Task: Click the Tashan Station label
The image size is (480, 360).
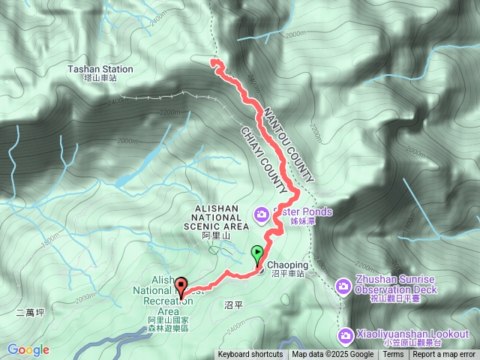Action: pos(100,69)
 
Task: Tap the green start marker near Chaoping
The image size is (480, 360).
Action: pos(259,253)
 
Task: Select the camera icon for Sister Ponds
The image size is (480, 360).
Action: pos(261,214)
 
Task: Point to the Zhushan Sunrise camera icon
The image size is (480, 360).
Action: pos(343,286)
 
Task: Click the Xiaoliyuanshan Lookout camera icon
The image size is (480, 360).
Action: pos(345,334)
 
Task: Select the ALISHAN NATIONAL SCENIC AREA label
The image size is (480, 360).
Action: pos(220,217)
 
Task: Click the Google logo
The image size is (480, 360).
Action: pos(28,349)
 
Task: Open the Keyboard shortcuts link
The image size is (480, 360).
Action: pos(250,355)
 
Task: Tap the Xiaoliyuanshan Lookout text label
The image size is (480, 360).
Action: pos(412,334)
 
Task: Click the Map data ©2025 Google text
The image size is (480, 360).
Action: pos(333,355)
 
